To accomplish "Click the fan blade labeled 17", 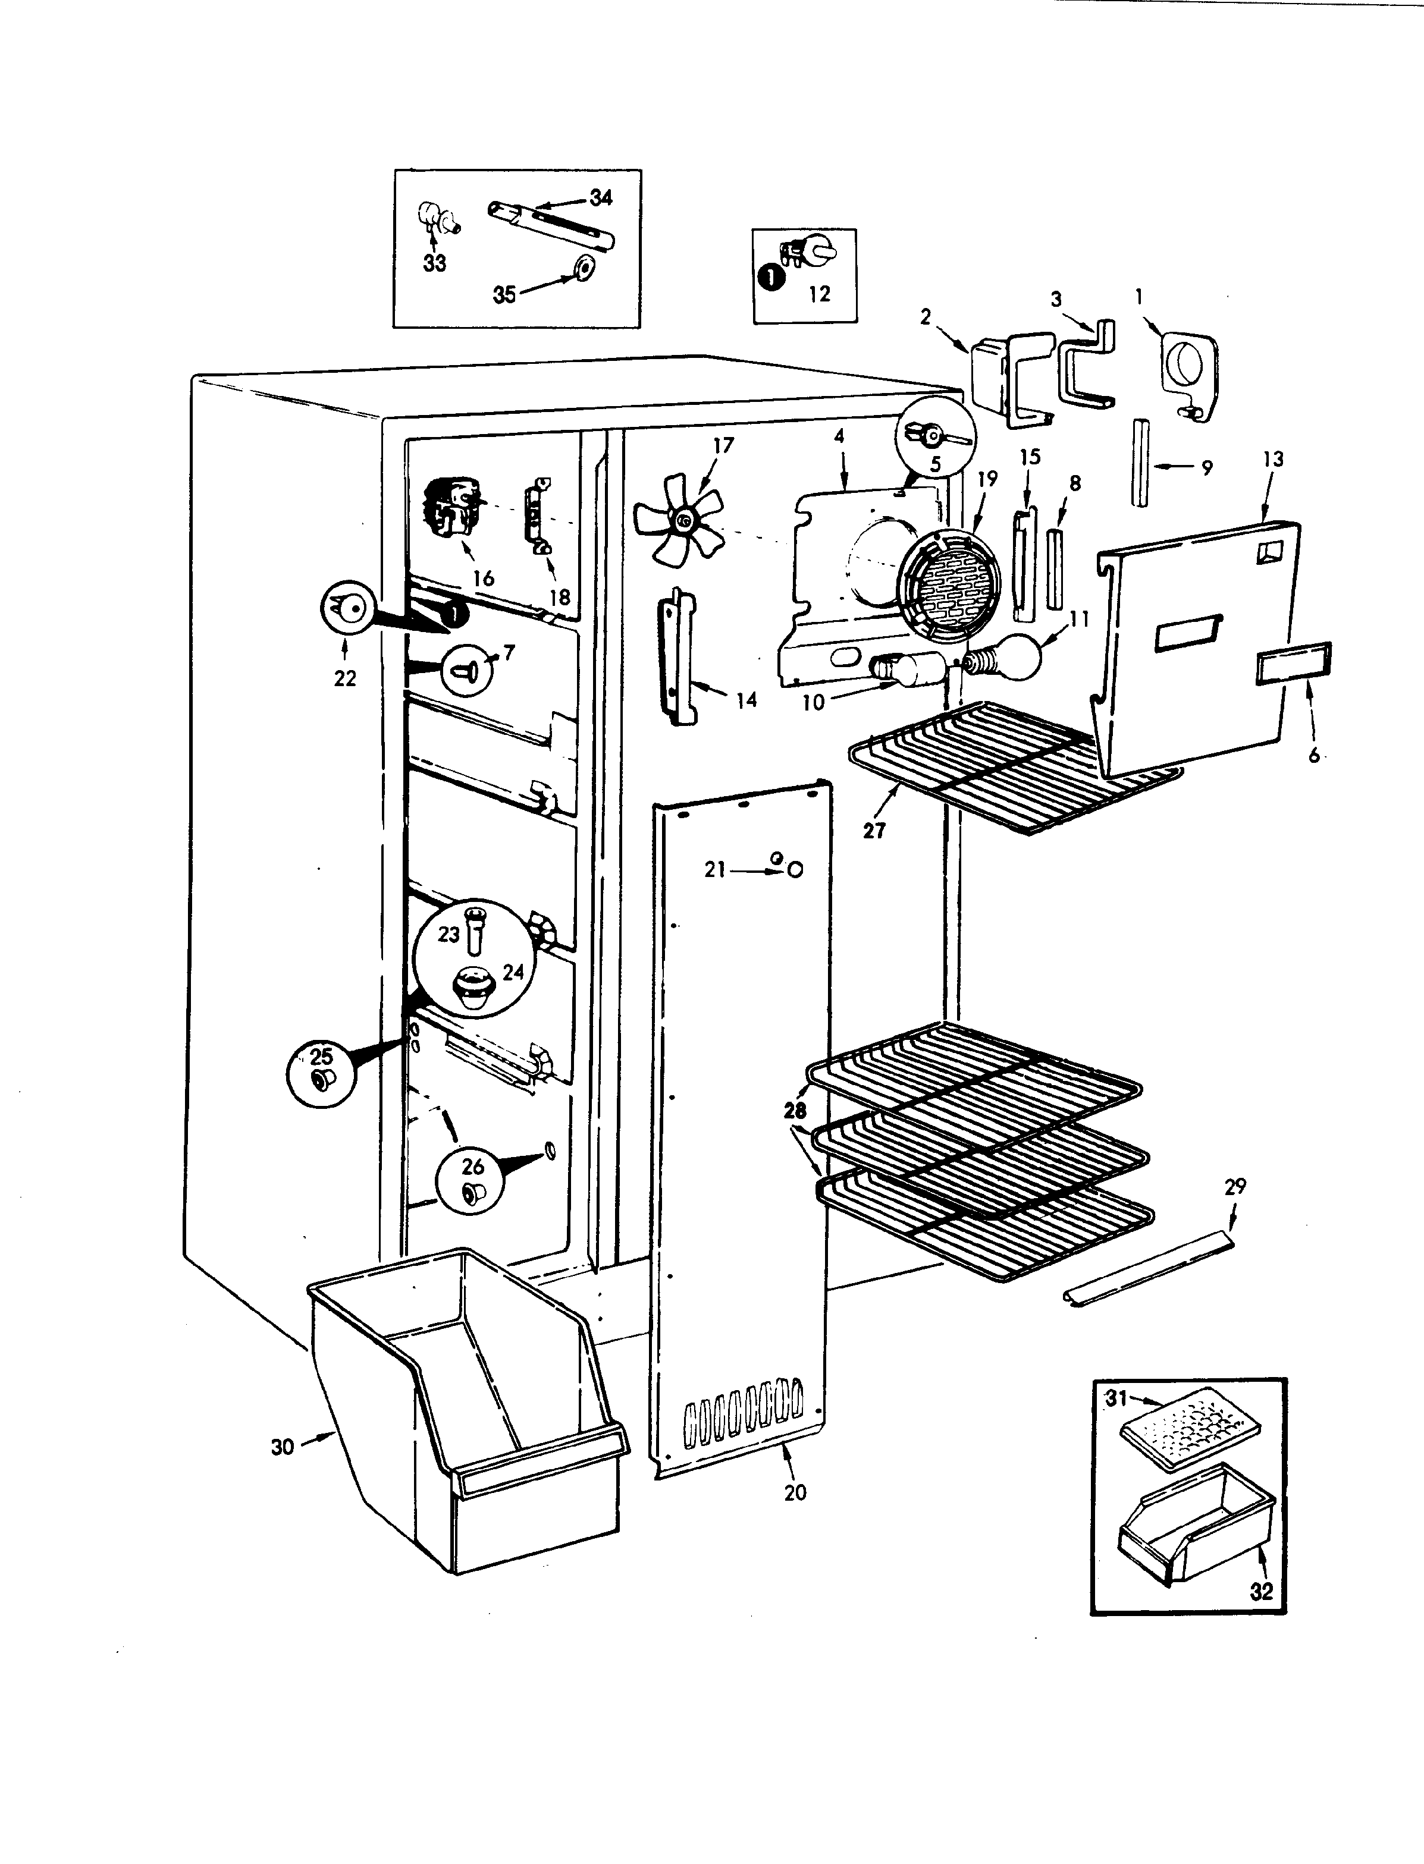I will (678, 521).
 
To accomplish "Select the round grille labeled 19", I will (949, 584).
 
